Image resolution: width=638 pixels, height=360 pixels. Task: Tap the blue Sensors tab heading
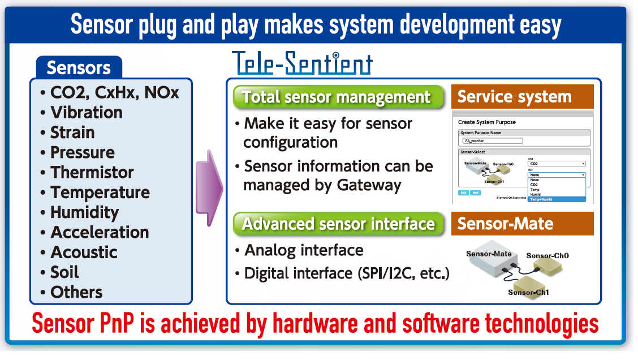(79, 67)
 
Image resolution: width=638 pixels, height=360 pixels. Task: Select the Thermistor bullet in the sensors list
(92, 172)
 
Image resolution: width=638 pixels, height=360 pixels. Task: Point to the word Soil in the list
(64, 272)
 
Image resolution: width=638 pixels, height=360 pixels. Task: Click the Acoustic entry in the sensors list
(84, 252)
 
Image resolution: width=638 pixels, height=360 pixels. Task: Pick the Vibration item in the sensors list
(86, 112)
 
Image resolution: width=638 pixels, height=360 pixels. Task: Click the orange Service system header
(522, 97)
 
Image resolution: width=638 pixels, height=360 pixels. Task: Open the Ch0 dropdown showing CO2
(556, 164)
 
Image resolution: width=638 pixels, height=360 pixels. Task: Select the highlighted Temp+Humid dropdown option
(556, 199)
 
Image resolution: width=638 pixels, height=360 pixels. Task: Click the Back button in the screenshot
(462, 192)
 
